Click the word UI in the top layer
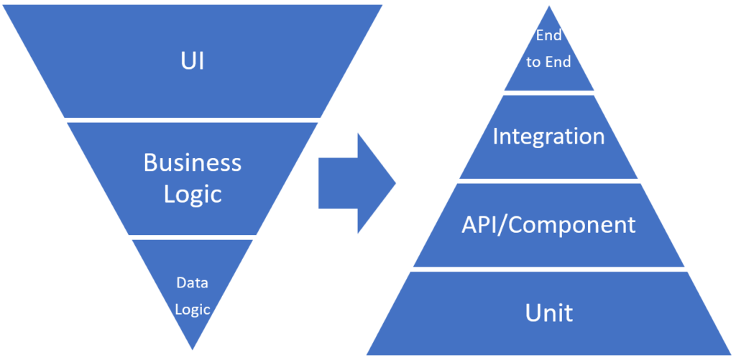click(x=192, y=61)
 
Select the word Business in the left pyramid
click(x=192, y=162)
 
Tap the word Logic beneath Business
click(x=192, y=194)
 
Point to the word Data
click(x=192, y=282)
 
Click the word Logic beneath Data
click(x=192, y=310)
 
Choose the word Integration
click(x=548, y=137)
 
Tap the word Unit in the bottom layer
click(x=548, y=313)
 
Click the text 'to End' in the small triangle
click(x=548, y=63)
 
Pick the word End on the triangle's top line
click(x=548, y=36)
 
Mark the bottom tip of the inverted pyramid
click(x=192, y=348)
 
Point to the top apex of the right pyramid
click(x=548, y=8)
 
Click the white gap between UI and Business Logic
click(x=192, y=119)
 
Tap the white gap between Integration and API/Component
click(x=548, y=180)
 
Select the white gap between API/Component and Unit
click(x=548, y=269)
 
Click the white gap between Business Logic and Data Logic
click(x=192, y=236)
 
